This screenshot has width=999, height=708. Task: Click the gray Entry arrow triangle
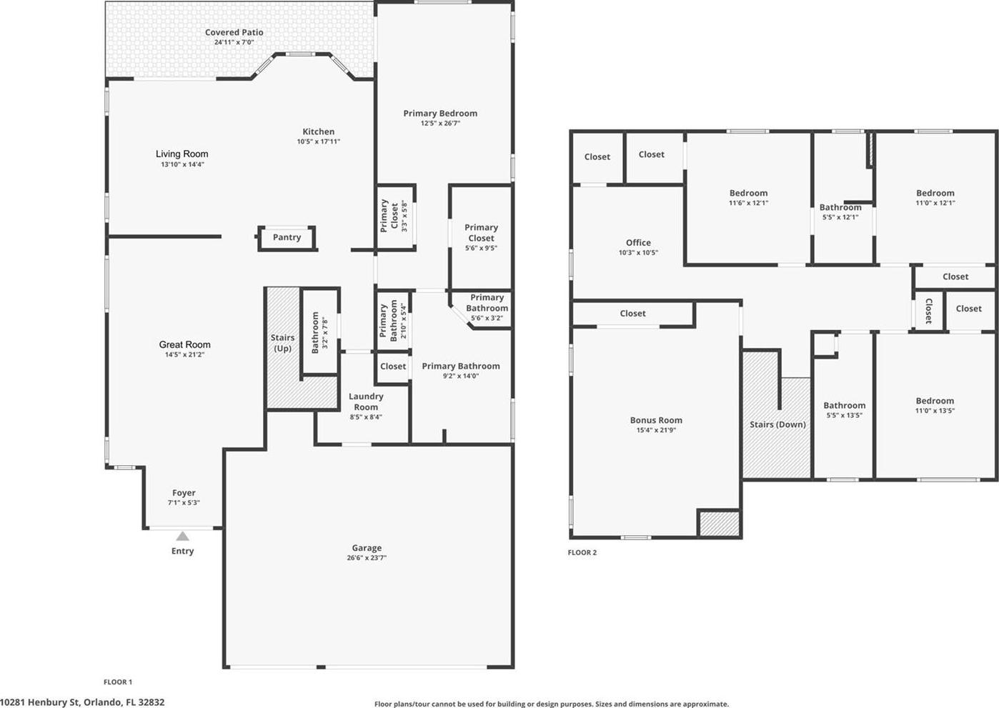pos(182,536)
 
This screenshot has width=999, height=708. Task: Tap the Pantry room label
pos(287,237)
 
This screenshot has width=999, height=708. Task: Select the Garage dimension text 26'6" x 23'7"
pos(367,558)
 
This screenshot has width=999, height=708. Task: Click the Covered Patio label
pos(234,32)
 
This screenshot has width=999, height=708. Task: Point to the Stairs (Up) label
pos(282,343)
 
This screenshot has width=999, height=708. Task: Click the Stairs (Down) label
pos(777,424)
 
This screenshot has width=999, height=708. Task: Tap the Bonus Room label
pos(656,420)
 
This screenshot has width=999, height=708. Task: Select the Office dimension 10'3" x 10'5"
pos(638,252)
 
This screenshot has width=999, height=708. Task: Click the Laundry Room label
pos(366,402)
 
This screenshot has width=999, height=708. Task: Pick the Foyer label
pos(184,493)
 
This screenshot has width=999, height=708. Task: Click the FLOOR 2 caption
pos(582,552)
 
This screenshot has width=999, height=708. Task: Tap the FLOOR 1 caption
pos(118,682)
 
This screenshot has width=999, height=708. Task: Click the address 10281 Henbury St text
pos(40,702)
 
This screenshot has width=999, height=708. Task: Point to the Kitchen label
pos(319,131)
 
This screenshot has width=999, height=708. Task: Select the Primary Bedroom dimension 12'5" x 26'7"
pos(440,123)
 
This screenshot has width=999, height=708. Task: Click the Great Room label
pos(184,344)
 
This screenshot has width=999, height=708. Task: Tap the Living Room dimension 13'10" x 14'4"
pos(182,164)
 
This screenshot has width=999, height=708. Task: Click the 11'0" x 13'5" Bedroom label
pos(935,401)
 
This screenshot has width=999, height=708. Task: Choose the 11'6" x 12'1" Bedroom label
pos(748,193)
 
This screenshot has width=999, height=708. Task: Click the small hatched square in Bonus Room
pos(719,524)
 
